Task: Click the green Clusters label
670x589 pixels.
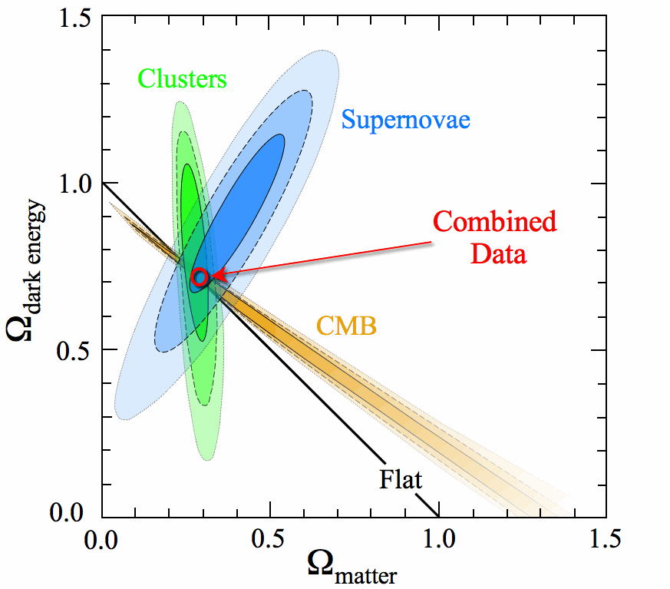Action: pyautogui.click(x=182, y=78)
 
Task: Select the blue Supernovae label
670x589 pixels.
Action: pyautogui.click(x=405, y=120)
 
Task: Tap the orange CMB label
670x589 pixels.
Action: pyautogui.click(x=345, y=327)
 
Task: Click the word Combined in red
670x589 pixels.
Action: pyautogui.click(x=494, y=222)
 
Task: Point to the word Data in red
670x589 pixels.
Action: pyautogui.click(x=498, y=253)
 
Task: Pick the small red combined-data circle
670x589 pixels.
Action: pyautogui.click(x=200, y=277)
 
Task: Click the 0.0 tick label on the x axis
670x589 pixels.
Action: pyautogui.click(x=102, y=538)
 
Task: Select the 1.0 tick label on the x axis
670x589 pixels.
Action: pyautogui.click(x=438, y=538)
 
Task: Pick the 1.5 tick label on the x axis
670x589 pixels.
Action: pyautogui.click(x=606, y=538)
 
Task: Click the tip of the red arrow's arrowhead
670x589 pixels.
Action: pyautogui.click(x=212, y=275)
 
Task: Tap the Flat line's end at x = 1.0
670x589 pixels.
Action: pyautogui.click(x=438, y=517)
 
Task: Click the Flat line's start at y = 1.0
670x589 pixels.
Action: pyautogui.click(x=103, y=182)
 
